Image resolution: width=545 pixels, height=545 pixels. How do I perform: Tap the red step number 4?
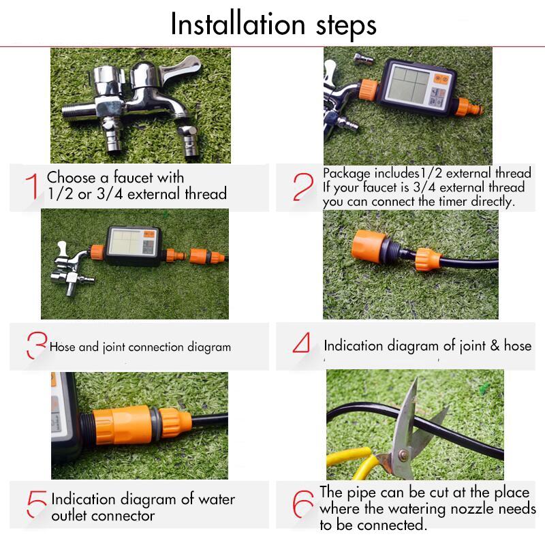301,344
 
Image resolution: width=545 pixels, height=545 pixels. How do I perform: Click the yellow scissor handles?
358,463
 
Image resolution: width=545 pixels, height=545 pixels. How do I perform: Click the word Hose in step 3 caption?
63,347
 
